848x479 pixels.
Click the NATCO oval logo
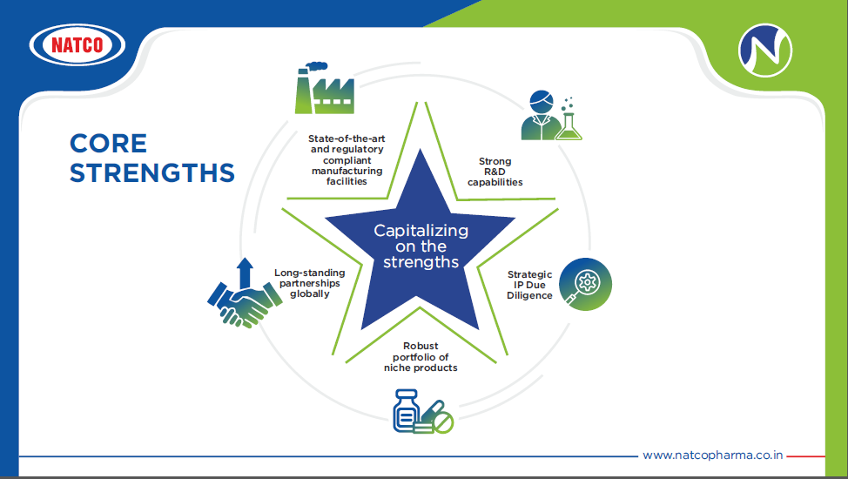77,44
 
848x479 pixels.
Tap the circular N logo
764,50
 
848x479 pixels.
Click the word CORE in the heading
108,144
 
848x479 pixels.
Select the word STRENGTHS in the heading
152,172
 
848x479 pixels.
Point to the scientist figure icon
541,115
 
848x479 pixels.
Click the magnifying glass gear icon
585,284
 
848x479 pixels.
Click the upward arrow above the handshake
245,273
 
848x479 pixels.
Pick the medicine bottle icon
407,410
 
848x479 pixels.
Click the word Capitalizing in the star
421,231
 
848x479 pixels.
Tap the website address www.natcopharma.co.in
712,455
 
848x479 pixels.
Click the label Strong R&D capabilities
495,172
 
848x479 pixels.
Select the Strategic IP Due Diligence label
529,285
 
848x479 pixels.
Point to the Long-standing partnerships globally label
309,283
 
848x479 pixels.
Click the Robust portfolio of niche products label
421,357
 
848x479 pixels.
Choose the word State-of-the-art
347,138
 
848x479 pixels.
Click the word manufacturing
347,171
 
